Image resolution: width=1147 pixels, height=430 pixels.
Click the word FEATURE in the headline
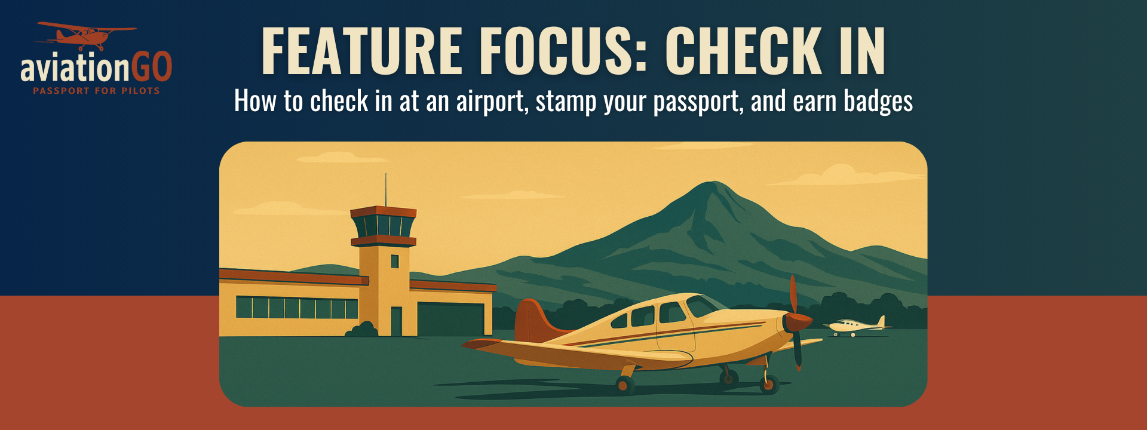click(362, 51)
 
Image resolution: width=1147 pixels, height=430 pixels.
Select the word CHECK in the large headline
click(743, 51)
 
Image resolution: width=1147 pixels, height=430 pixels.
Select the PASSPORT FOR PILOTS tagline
click(96, 91)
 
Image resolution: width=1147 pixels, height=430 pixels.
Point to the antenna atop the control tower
click(385, 189)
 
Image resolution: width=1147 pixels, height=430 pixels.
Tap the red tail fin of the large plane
click(532, 320)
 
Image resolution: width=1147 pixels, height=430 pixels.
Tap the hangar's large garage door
click(450, 320)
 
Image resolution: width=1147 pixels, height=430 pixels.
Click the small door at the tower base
click(396, 321)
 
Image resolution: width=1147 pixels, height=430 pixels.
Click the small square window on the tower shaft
click(394, 261)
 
